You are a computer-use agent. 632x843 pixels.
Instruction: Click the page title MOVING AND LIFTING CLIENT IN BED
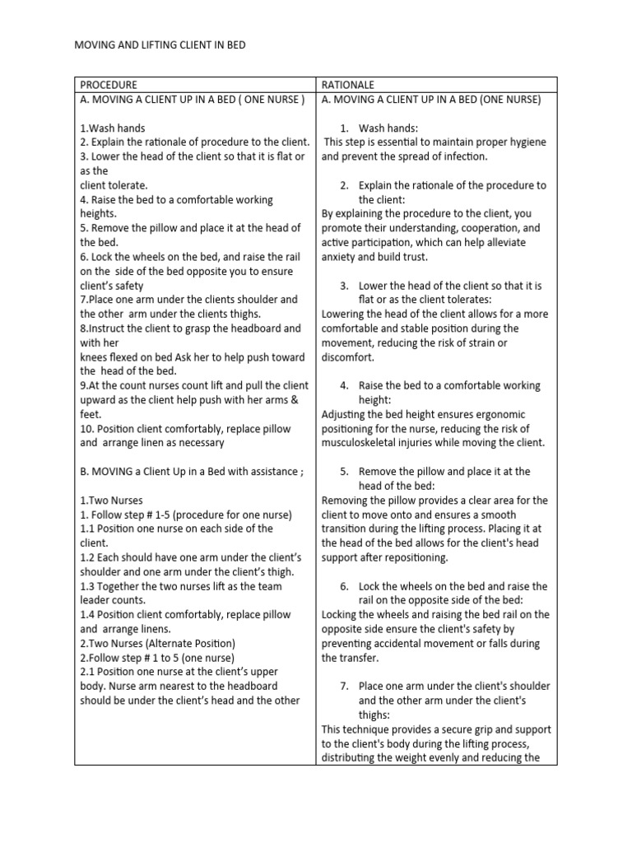[x=160, y=45]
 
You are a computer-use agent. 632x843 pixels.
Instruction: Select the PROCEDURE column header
[x=109, y=85]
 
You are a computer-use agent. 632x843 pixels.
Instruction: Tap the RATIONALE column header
[x=348, y=85]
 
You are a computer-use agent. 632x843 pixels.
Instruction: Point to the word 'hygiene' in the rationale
[x=525, y=142]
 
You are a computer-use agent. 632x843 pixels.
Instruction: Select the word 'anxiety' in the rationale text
[x=340, y=257]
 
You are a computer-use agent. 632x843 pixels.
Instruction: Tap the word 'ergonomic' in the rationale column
[x=497, y=414]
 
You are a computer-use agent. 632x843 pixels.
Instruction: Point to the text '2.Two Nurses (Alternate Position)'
[x=157, y=643]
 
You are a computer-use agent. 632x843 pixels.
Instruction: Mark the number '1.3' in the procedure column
[x=88, y=586]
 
